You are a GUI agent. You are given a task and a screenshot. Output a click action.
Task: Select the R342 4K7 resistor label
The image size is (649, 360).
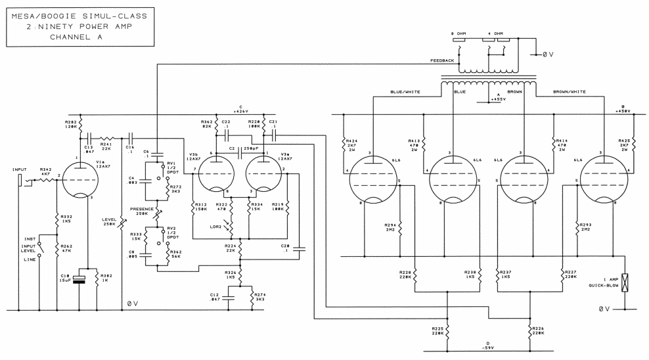click(45, 171)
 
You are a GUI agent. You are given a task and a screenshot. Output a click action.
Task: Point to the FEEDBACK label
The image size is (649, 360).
click(441, 60)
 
